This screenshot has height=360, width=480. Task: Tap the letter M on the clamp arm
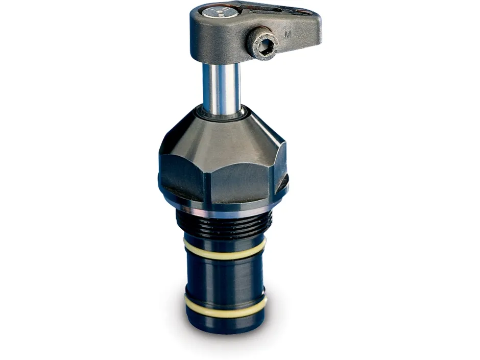[288, 35]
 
